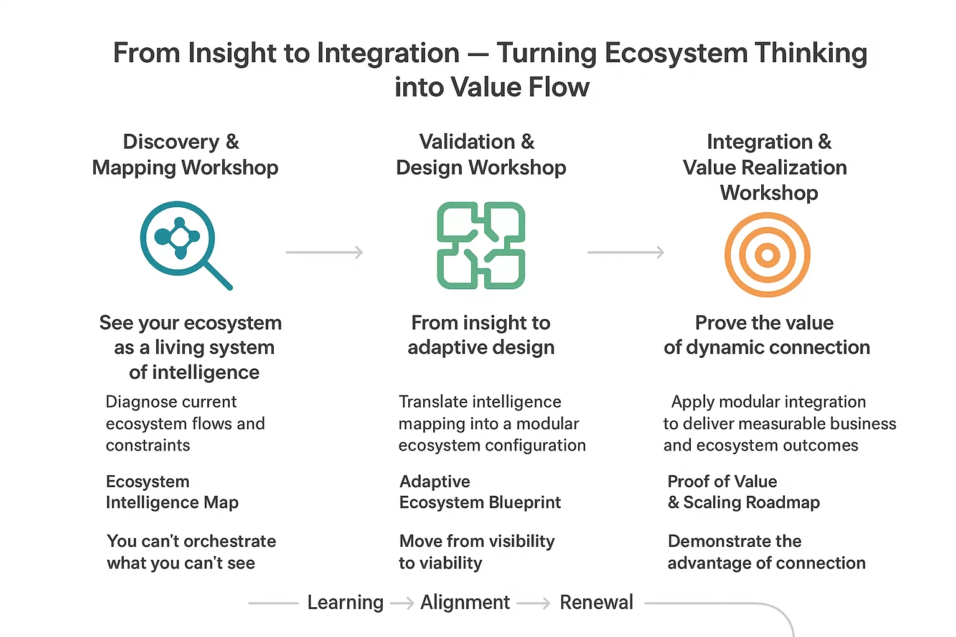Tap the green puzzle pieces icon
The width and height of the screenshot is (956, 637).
point(480,245)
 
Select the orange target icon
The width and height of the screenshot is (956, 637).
point(767,254)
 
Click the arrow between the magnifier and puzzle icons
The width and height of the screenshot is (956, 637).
point(324,252)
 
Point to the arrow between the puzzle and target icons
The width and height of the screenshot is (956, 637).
point(626,252)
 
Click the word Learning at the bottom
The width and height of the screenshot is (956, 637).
point(345,602)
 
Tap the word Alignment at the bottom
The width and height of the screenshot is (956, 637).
point(465,602)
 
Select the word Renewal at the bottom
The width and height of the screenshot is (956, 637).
point(596,602)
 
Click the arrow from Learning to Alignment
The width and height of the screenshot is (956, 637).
point(402,603)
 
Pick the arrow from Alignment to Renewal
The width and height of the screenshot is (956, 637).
point(534,603)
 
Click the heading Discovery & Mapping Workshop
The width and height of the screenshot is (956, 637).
point(185,154)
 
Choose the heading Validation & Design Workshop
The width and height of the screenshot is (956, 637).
point(480,154)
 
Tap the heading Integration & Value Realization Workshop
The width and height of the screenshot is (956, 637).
point(766,167)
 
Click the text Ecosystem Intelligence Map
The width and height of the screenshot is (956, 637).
point(172,491)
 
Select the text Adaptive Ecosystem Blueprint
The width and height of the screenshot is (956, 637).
point(480,491)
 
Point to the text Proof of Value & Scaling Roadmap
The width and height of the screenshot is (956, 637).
point(743,491)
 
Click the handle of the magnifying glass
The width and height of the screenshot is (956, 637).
point(218,276)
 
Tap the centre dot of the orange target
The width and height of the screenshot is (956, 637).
point(767,254)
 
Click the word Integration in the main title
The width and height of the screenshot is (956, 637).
point(388,53)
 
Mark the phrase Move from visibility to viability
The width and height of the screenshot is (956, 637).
point(476,552)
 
